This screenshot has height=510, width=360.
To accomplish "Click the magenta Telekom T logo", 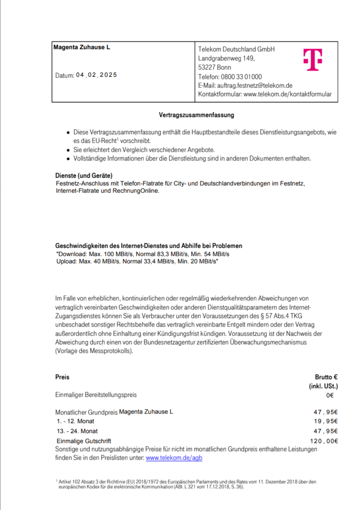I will pos(313,60).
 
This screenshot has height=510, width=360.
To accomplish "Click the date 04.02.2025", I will pos(96,75).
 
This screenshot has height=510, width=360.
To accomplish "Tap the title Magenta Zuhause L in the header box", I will pos(82,47).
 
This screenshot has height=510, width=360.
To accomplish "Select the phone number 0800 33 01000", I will pos(241,77).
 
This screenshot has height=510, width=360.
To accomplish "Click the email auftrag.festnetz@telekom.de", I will pos(255,85).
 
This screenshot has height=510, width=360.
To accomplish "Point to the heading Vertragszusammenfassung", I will pos(196,115).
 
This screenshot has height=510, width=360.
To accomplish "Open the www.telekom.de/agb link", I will pos(174,458).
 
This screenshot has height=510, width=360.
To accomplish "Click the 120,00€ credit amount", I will pos(324,441).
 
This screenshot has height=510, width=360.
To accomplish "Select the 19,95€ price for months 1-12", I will pos(326,421).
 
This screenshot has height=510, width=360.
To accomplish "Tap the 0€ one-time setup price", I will pos(330,395).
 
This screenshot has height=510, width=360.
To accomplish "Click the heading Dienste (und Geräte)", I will pos(84,176).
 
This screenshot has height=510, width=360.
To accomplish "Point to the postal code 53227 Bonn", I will pos(215,67).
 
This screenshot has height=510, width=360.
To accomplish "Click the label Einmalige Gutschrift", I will pos(84,441).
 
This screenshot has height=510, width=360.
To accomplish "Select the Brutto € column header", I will pos(326,377).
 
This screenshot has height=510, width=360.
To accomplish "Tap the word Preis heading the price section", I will pos(62,377).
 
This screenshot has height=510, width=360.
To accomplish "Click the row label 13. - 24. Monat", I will pos(77,431).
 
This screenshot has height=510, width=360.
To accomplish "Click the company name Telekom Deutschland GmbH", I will pos(236,49).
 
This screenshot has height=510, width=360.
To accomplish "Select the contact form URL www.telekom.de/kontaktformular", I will pos(287,94).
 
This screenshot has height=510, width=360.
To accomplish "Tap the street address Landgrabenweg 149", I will pos(226,58).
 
